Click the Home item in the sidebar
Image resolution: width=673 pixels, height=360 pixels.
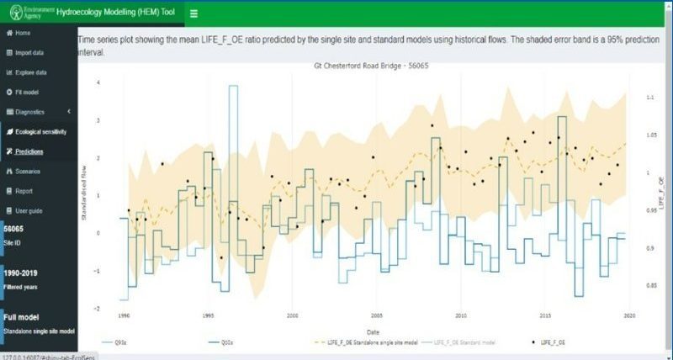pos(23,33)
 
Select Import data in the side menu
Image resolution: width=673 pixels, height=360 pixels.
pos(29,53)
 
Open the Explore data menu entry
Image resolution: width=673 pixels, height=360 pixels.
pos(30,72)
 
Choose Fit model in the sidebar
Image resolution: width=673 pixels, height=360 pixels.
pos(26,92)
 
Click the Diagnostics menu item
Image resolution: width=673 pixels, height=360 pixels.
pos(30,112)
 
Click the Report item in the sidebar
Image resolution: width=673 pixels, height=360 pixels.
pos(24,191)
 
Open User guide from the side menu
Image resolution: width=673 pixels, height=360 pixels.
pos(29,210)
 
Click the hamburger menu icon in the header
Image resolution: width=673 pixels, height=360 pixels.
pos(193,13)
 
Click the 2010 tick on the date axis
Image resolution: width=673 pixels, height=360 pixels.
pos(460,316)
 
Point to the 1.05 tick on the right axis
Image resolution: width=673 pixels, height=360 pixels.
pos(650,135)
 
